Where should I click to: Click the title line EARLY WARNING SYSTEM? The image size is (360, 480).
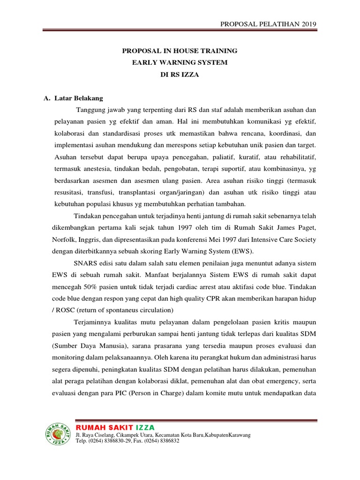click(180, 62)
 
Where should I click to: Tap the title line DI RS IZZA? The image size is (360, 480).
click(180, 75)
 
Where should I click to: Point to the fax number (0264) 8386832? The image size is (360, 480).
click(162, 441)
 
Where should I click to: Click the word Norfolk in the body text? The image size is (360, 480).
click(63, 240)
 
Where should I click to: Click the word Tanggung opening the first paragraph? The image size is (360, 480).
click(89, 110)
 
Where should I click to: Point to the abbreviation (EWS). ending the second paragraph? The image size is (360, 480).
click(242, 251)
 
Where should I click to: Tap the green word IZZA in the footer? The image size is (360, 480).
click(145, 427)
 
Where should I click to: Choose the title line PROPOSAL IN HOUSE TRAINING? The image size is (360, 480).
click(180, 51)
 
